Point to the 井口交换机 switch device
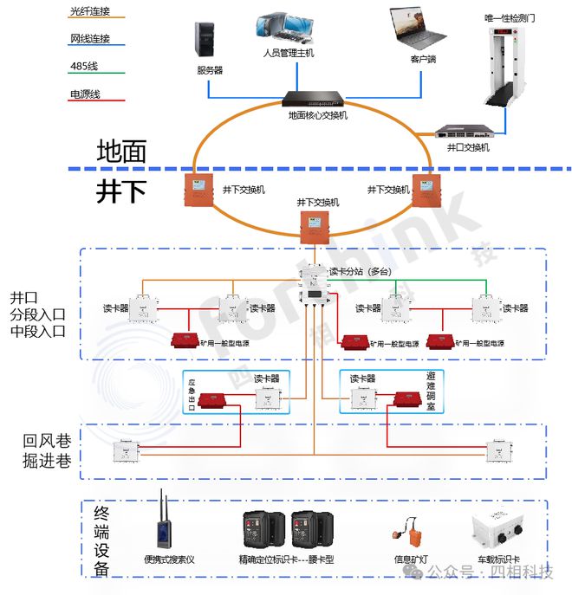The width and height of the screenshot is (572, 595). point(467,132)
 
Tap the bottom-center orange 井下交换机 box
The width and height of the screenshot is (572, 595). point(312,225)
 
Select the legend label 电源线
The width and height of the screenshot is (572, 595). point(85,94)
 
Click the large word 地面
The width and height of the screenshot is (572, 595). point(121,151)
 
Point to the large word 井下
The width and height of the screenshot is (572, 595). point(121,191)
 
